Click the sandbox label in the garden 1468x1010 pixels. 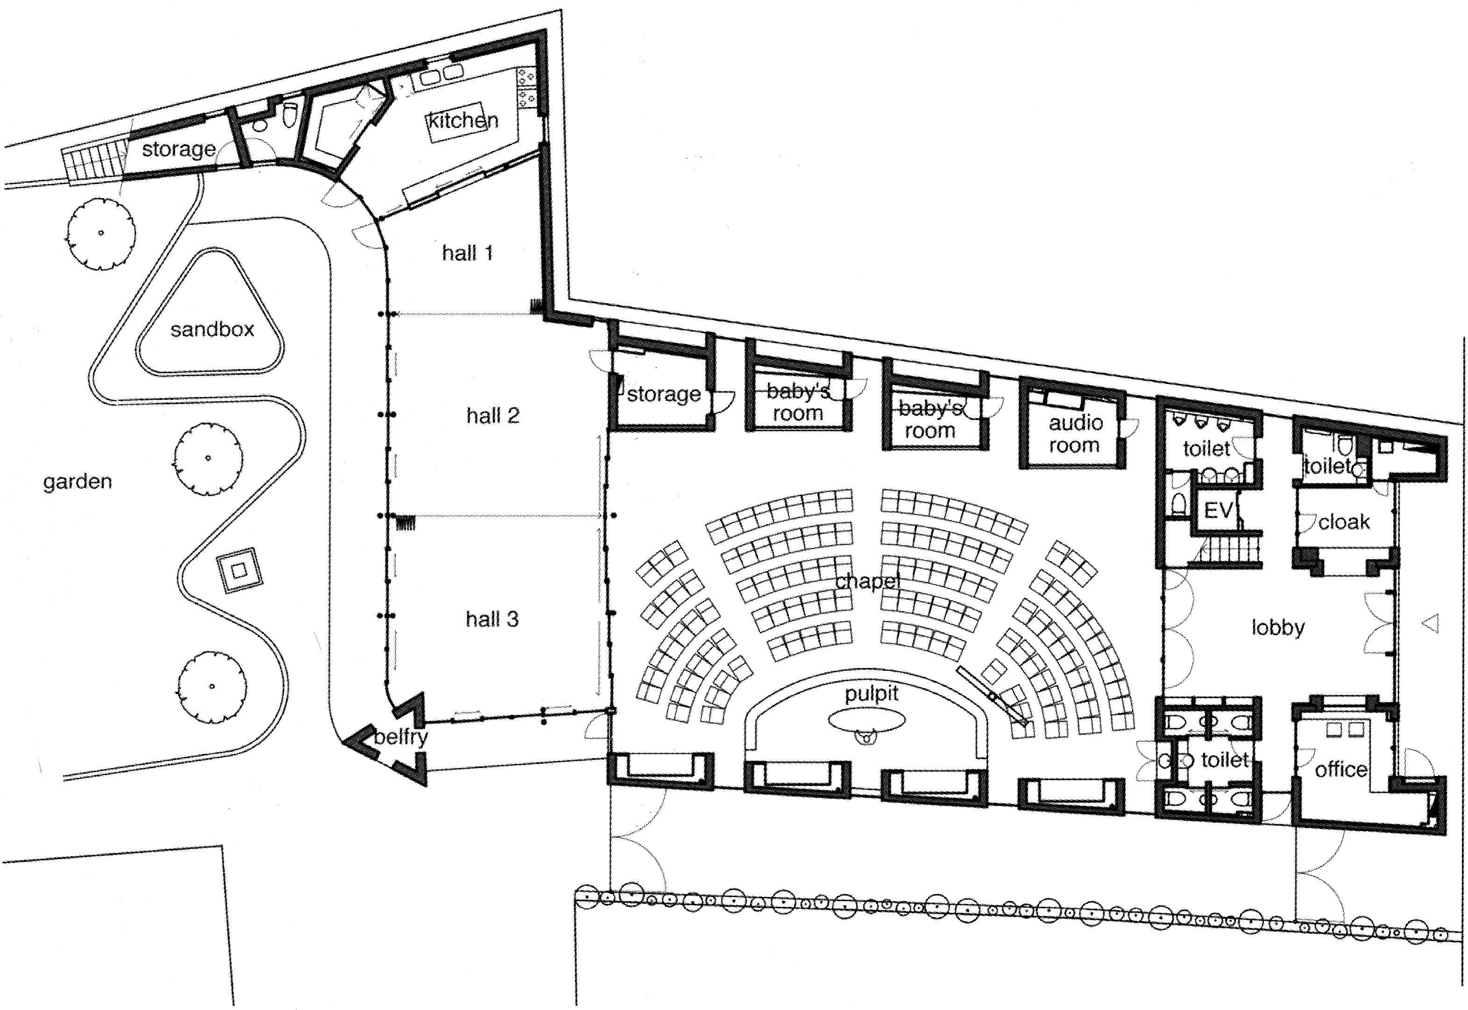pyautogui.click(x=212, y=329)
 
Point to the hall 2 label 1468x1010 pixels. pyautogui.click(x=493, y=415)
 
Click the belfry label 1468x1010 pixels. pyautogui.click(x=401, y=737)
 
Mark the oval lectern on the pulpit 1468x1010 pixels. pyautogui.click(x=866, y=719)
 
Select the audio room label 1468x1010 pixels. pyautogui.click(x=1074, y=434)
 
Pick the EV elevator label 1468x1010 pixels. pyautogui.click(x=1219, y=510)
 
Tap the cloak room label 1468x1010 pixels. pyautogui.click(x=1344, y=522)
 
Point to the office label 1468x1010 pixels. pyautogui.click(x=1340, y=769)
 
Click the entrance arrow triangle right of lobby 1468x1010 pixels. pyautogui.click(x=1430, y=623)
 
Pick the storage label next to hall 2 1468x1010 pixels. pyautogui.click(x=664, y=394)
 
